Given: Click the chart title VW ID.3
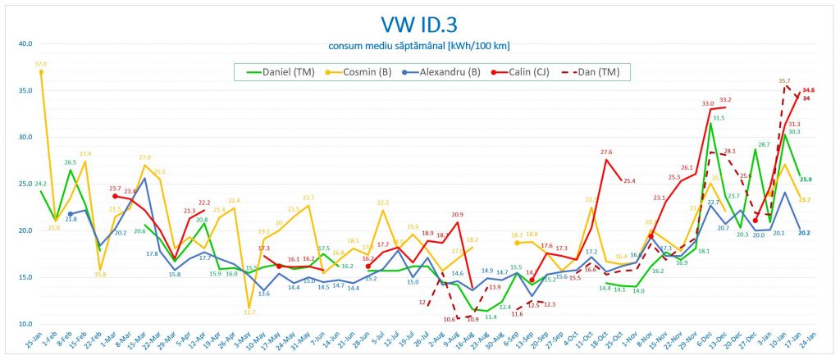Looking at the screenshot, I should pos(419,24).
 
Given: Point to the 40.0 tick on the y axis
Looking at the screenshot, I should pos(24,43).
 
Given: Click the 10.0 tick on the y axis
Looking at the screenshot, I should pos(24,324).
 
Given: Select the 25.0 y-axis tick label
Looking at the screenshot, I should pos(24,184).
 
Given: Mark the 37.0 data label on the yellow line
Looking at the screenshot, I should pos(41,63).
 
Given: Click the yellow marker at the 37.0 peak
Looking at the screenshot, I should pos(41,72).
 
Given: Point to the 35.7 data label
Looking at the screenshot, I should pos(785,81).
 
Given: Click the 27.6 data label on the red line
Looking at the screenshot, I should pos(606,152).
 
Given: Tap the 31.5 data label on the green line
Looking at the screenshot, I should pos(719,117).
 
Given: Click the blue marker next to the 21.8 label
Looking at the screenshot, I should pos(70,214).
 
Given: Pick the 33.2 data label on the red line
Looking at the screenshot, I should pos(726,100).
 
